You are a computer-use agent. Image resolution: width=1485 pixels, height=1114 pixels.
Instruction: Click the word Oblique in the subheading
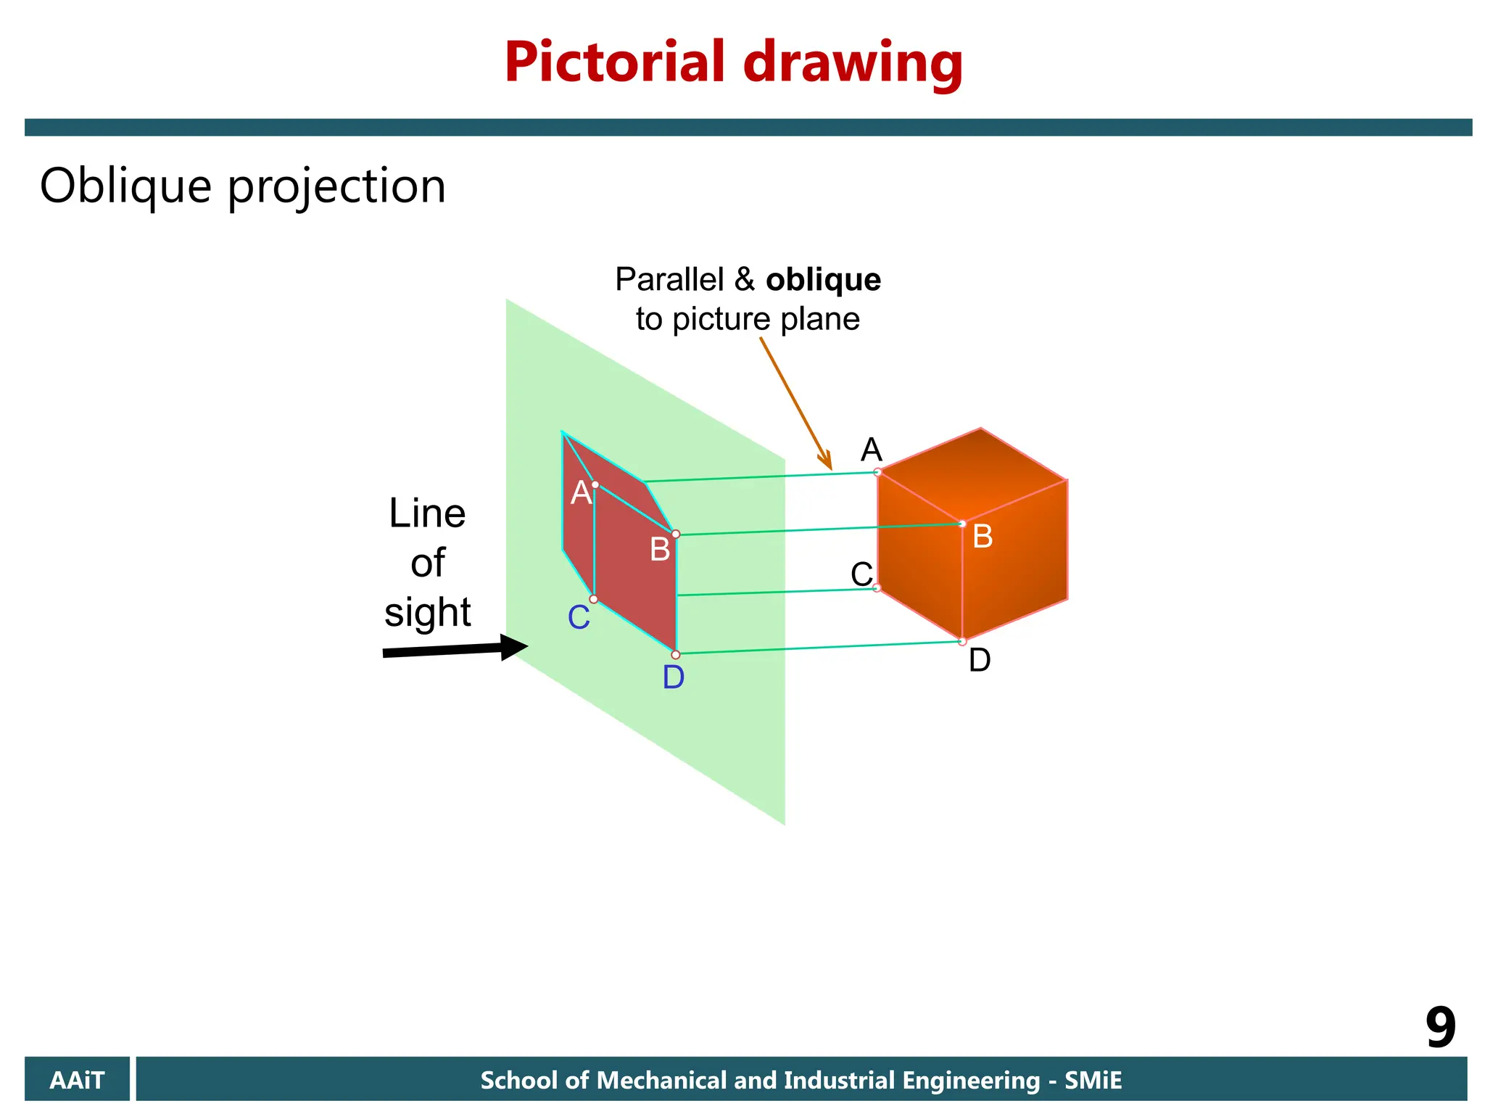[125, 186]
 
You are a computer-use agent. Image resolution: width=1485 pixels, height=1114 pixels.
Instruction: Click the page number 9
[1440, 1028]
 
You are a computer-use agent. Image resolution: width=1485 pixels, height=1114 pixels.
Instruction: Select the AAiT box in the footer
[77, 1080]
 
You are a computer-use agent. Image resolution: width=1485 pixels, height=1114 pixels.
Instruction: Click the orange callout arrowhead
[826, 461]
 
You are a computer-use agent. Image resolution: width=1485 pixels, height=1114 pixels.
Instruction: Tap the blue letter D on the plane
[674, 678]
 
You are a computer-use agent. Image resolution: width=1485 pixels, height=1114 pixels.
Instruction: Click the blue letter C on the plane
[579, 619]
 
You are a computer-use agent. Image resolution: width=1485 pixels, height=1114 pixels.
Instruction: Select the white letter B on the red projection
[660, 550]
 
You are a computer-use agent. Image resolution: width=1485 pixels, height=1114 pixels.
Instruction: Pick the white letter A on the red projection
[581, 494]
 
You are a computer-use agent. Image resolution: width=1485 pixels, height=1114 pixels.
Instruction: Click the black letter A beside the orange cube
[871, 450]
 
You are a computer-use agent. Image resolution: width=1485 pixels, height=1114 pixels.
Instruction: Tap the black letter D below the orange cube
[980, 661]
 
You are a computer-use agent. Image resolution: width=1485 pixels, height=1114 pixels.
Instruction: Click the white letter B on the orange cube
[983, 537]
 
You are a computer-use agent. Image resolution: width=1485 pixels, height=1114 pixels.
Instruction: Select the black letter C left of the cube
[861, 574]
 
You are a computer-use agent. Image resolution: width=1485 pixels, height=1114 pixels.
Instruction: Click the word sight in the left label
[428, 612]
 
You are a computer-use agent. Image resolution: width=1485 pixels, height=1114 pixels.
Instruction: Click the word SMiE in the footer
[1093, 1081]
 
